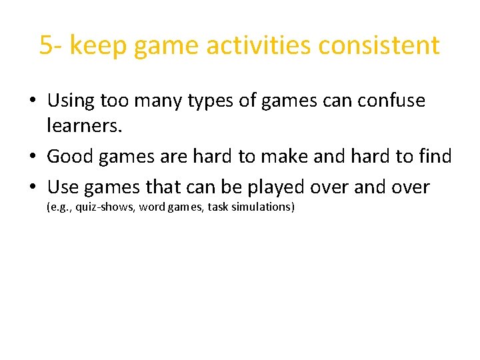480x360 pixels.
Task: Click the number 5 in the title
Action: [46, 46]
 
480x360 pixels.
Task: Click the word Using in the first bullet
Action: [71, 101]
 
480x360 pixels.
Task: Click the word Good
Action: [70, 157]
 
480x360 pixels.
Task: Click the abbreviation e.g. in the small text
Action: [58, 207]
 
